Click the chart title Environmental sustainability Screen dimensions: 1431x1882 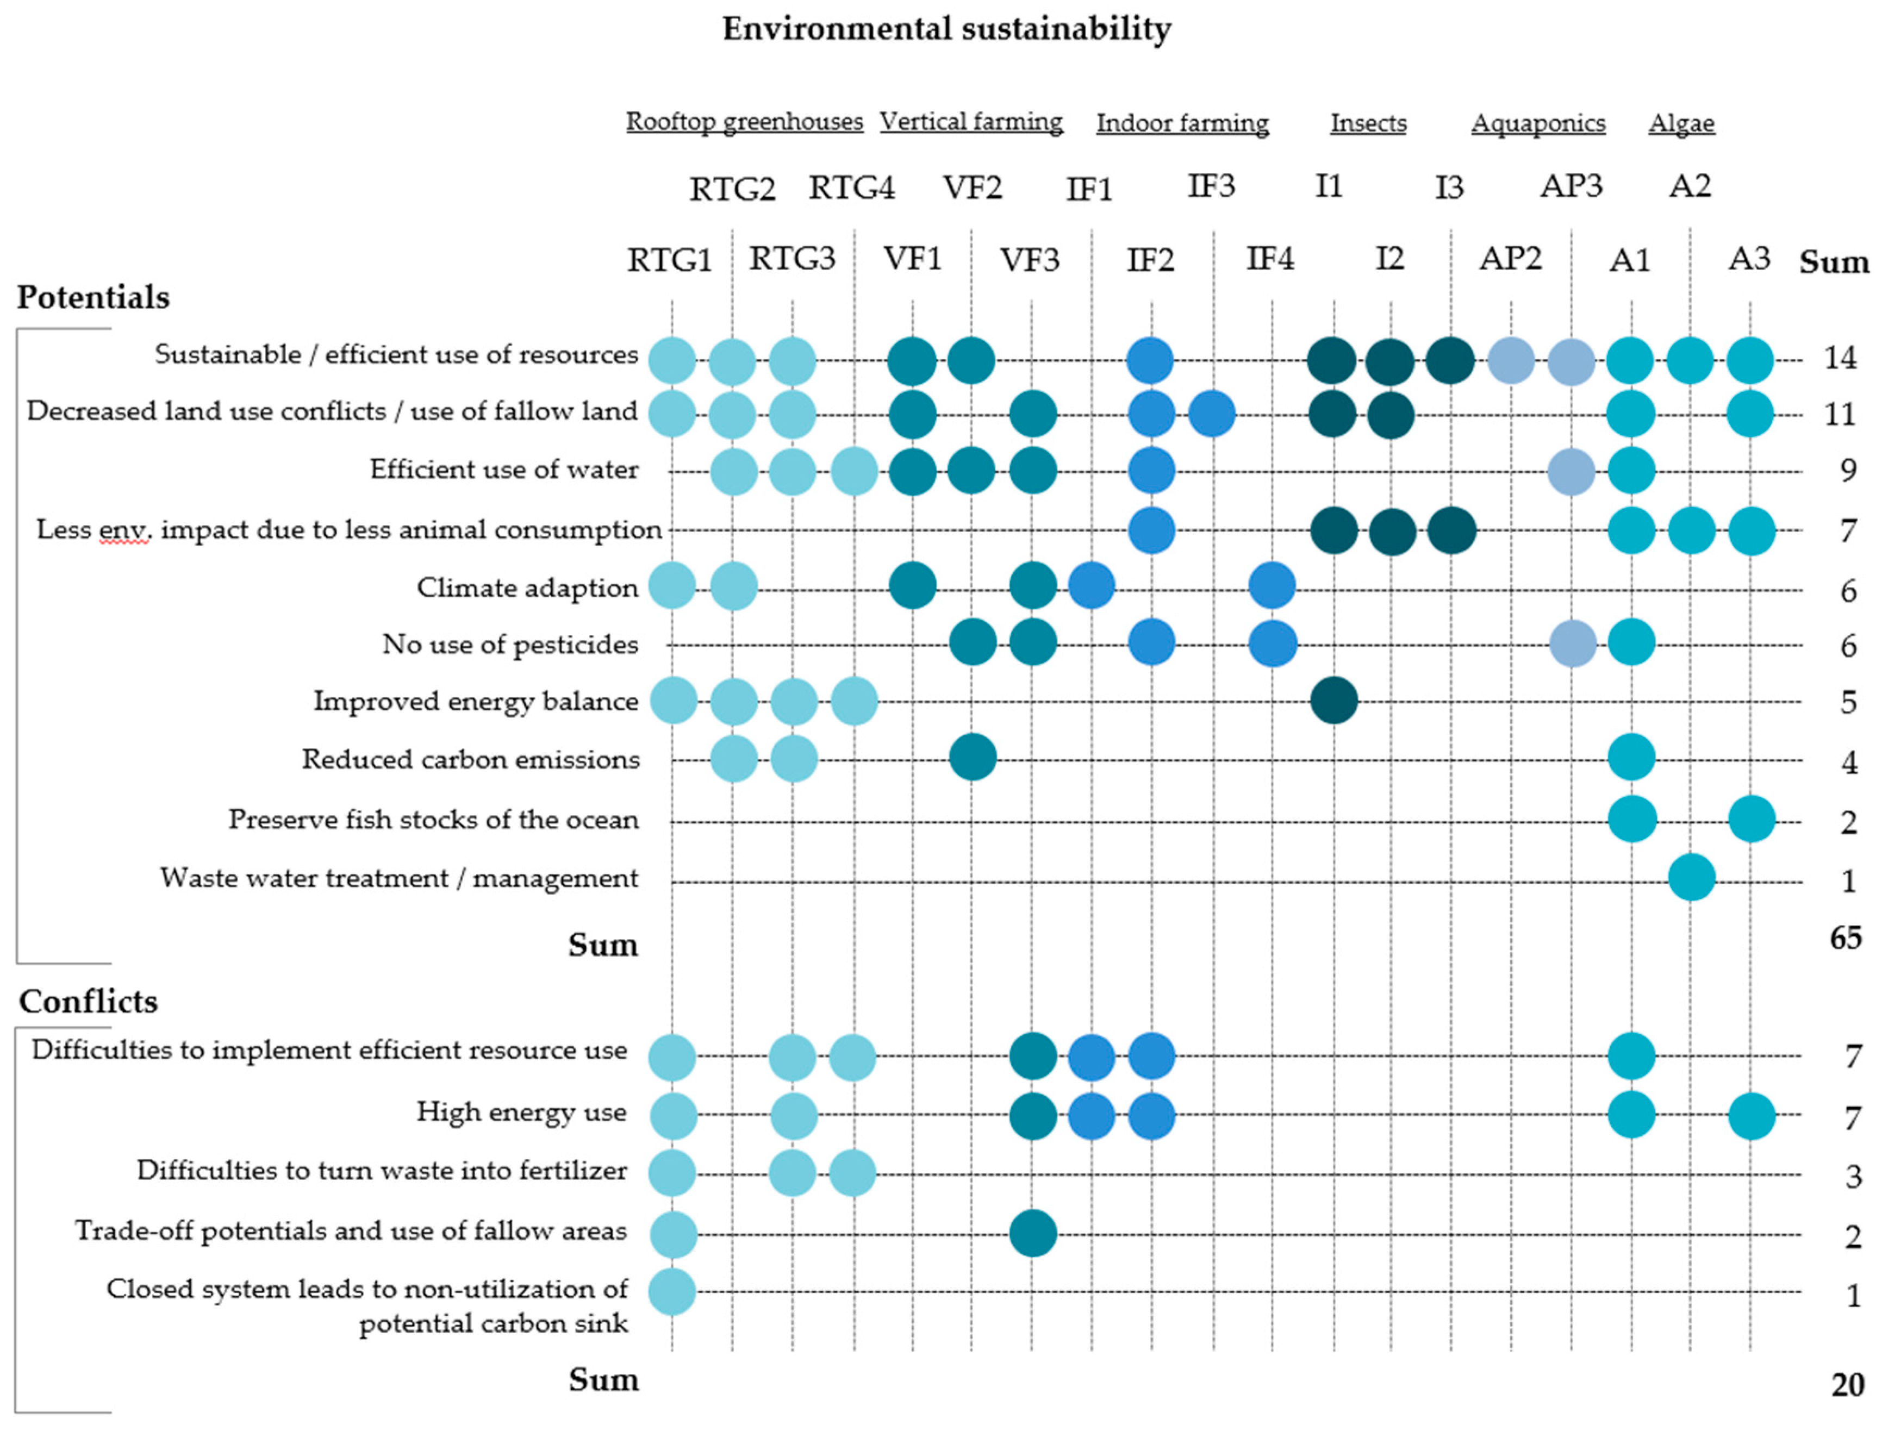(946, 29)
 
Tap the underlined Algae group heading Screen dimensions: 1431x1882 (1680, 123)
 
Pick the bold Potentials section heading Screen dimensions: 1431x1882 (93, 297)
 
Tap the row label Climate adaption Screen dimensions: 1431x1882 (527, 588)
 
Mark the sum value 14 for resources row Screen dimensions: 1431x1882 (1840, 358)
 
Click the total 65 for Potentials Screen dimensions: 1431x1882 (1846, 938)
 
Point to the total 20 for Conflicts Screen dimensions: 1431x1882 (1847, 1385)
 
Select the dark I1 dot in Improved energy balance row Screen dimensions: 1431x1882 (1333, 701)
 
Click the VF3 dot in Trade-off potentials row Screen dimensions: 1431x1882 (1032, 1233)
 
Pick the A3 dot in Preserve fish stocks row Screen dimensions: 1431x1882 (1751, 820)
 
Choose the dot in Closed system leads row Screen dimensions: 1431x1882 (672, 1291)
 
